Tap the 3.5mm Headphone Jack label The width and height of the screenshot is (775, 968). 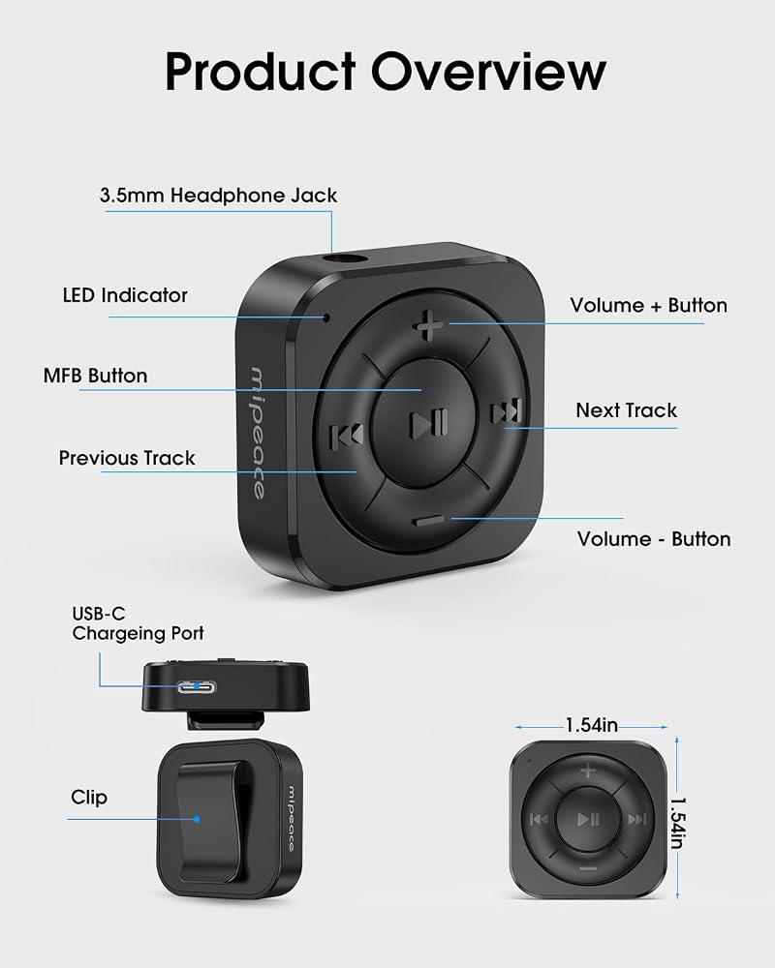[x=218, y=196]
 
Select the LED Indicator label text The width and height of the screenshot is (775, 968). [x=125, y=295]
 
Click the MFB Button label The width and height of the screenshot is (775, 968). [x=95, y=376]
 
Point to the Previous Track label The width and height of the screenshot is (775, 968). [x=127, y=458]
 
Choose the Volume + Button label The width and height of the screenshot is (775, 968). [x=648, y=305]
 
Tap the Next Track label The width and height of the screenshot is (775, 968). [x=626, y=409]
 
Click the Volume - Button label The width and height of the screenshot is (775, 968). [x=654, y=539]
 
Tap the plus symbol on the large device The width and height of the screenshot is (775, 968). [x=428, y=326]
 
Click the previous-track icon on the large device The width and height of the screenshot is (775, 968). [x=347, y=438]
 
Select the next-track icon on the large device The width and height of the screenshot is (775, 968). [x=507, y=411]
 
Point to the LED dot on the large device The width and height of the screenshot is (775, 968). [x=326, y=318]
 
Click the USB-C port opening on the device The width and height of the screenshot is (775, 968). [x=197, y=686]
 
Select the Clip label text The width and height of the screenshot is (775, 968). [x=89, y=797]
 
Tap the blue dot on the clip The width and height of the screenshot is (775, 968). [x=197, y=819]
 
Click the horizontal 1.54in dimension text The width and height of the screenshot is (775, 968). [x=592, y=725]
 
